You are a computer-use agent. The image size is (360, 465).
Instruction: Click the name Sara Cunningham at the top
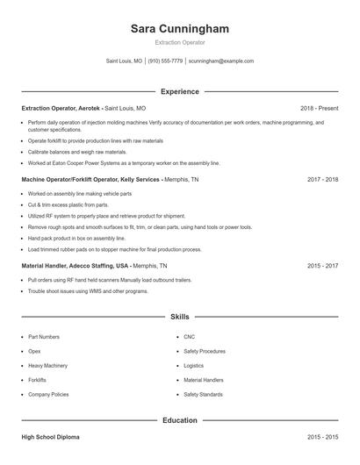179,29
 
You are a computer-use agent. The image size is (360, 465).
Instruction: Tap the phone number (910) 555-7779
165,61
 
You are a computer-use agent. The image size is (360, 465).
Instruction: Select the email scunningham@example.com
221,61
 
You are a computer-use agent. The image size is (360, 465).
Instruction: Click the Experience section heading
179,91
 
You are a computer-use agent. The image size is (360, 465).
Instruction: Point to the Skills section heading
179,316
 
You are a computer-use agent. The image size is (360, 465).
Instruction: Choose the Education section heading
179,420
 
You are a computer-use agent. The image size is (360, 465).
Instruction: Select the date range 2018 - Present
319,108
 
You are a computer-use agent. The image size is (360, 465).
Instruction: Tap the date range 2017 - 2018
322,179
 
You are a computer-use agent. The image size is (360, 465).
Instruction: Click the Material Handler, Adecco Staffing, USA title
76,265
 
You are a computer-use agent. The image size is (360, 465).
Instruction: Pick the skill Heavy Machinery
47,365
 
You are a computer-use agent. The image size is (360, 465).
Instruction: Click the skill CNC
189,336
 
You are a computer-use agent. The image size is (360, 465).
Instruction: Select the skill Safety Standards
203,395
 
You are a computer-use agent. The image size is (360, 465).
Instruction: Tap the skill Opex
36,351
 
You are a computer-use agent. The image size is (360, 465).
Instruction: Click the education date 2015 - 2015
322,436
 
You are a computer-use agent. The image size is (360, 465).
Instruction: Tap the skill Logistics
193,365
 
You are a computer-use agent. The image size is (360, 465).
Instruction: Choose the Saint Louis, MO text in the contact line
124,61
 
